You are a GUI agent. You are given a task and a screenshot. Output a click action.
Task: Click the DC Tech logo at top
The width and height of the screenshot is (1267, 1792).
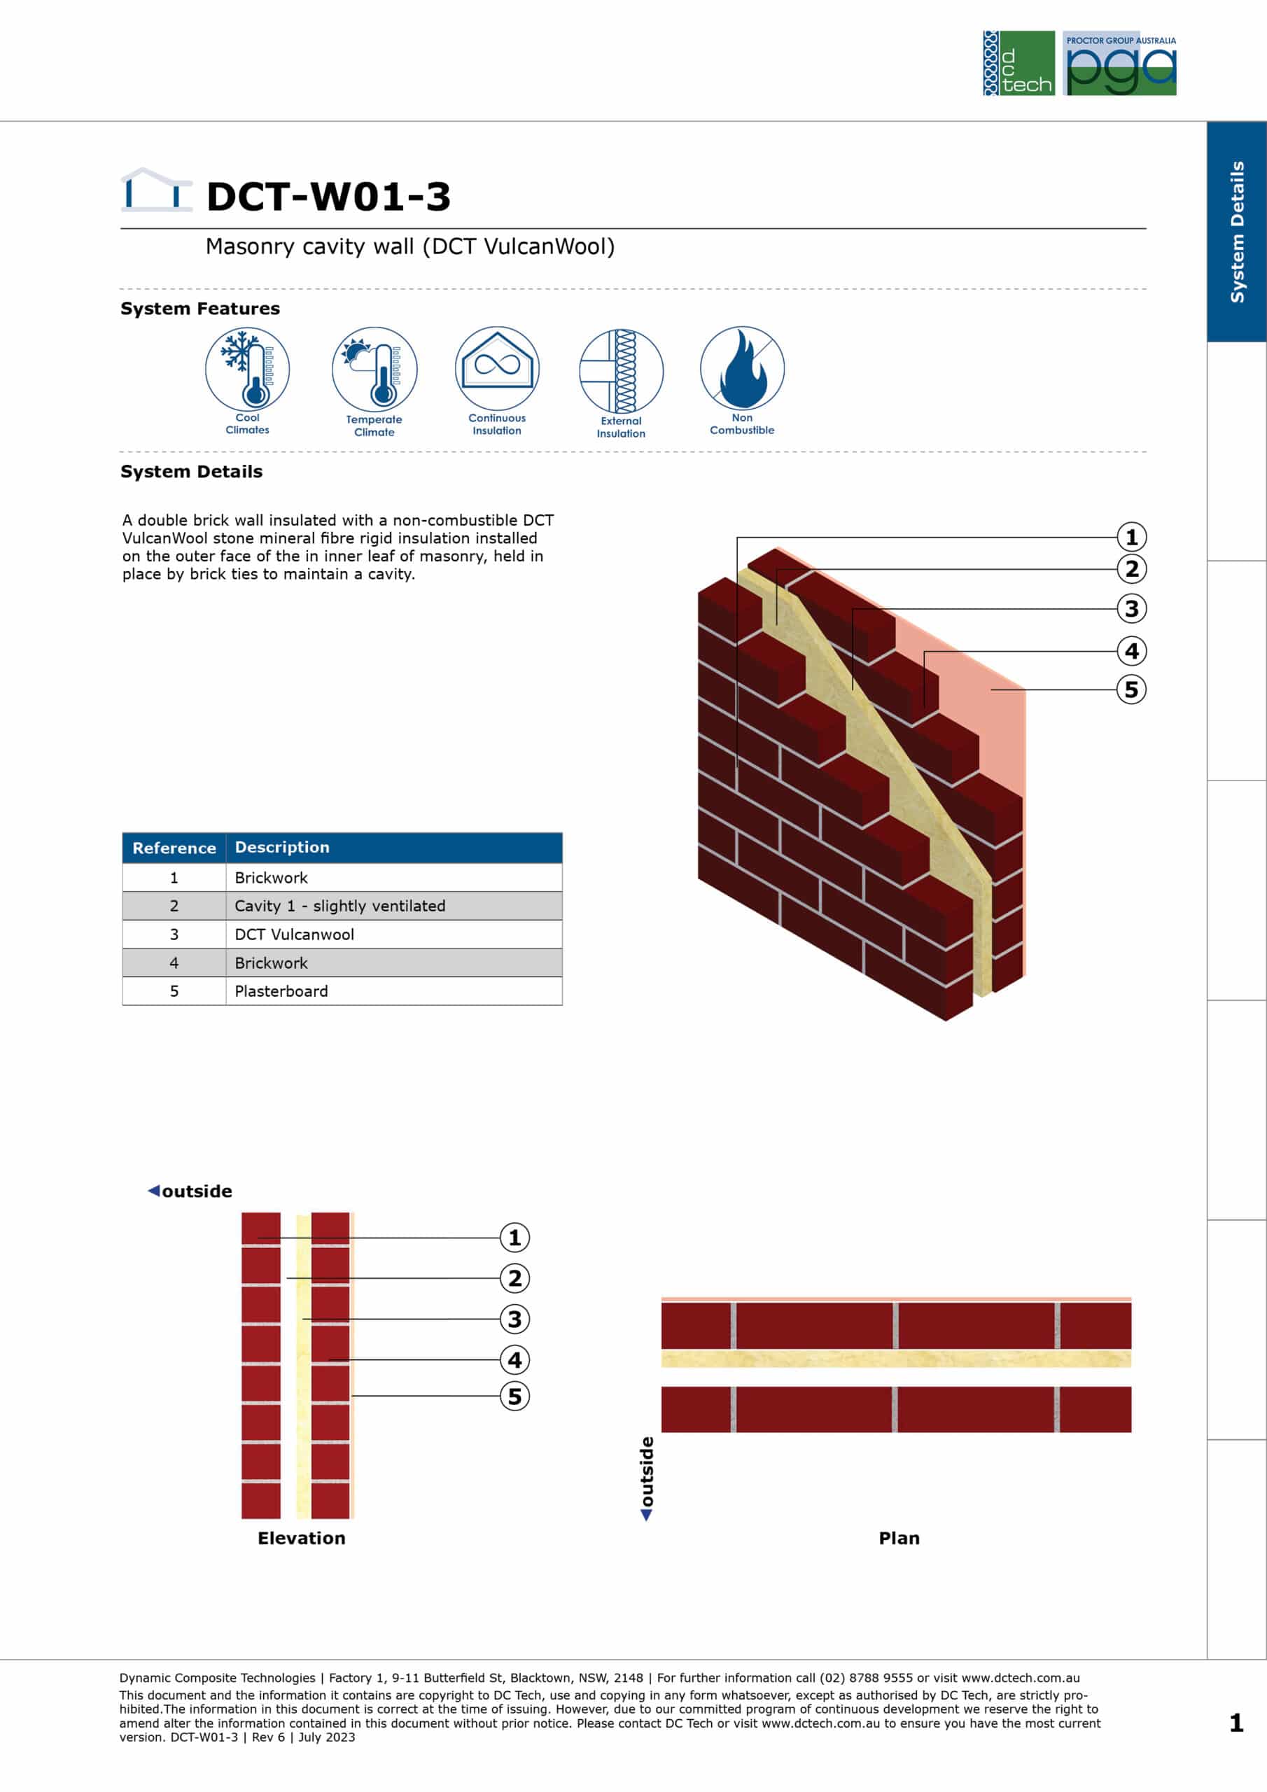pos(1018,63)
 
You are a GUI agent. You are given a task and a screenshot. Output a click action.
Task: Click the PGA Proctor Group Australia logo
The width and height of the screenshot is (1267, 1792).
pos(1119,63)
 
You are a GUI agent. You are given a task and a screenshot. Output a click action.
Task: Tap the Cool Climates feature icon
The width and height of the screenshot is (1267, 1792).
pos(248,369)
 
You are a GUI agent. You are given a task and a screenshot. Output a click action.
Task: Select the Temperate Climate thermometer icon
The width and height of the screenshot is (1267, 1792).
pos(374,369)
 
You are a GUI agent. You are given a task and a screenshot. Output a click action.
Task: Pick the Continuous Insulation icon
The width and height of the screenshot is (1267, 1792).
pos(497,367)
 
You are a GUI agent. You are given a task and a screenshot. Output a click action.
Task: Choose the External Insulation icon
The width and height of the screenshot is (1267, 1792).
pos(622,371)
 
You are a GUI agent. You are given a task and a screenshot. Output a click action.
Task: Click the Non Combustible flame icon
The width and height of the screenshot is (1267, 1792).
pos(743,367)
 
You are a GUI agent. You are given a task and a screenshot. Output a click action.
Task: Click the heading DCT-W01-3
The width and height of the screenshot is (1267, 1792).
pos(329,197)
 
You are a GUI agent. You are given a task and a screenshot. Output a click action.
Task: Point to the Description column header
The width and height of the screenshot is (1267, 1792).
pos(282,848)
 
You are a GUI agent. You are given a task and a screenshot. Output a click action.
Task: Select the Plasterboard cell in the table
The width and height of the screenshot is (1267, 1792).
pos(281,991)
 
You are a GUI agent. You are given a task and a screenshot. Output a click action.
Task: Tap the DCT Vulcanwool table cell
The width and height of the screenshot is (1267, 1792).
pos(294,934)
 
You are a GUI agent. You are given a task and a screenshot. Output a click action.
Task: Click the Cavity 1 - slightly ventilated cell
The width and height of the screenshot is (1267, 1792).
pos(340,906)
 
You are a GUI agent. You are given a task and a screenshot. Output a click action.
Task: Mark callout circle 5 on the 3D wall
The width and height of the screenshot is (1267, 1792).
pos(1131,689)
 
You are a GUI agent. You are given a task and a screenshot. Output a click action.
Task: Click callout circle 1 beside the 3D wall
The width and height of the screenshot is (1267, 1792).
pos(1131,537)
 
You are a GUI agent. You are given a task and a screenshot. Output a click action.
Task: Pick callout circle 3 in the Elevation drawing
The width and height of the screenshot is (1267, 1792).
pos(514,1319)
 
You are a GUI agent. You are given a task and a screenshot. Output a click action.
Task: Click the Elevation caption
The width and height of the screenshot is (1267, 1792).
pos(301,1539)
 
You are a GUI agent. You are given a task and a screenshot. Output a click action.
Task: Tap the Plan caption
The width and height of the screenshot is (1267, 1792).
pos(899,1539)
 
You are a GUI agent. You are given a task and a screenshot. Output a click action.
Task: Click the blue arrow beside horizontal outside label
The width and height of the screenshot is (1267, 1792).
pos(154,1190)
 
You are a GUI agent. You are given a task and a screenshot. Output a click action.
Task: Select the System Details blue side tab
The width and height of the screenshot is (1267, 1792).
pos(1237,232)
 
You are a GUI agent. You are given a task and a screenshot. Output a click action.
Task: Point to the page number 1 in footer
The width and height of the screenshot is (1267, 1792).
pos(1237,1723)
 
